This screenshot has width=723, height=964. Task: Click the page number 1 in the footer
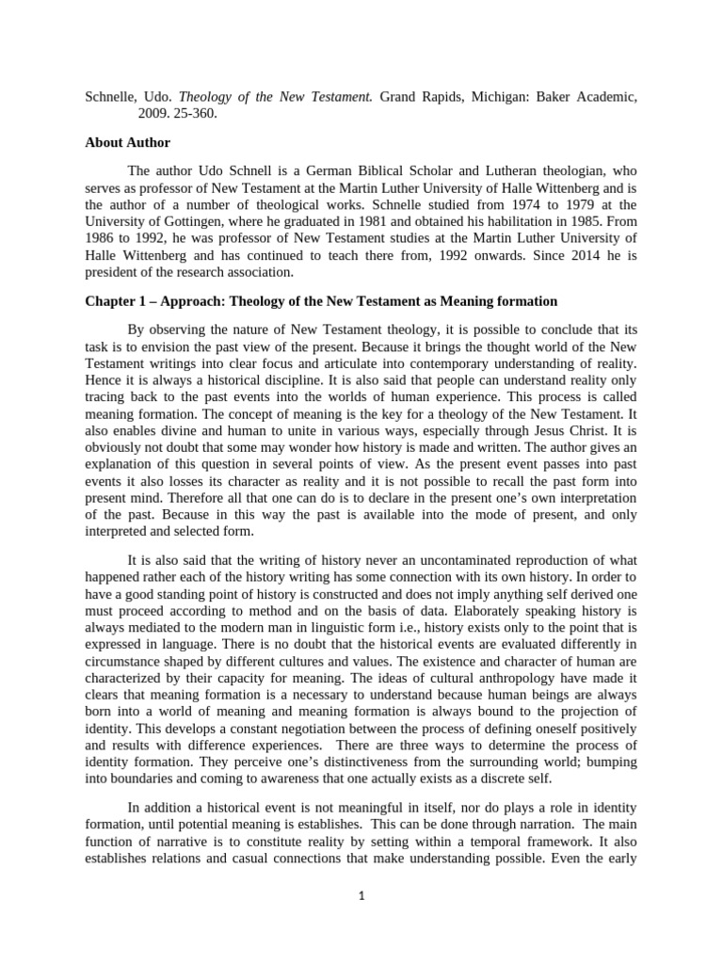361,896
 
